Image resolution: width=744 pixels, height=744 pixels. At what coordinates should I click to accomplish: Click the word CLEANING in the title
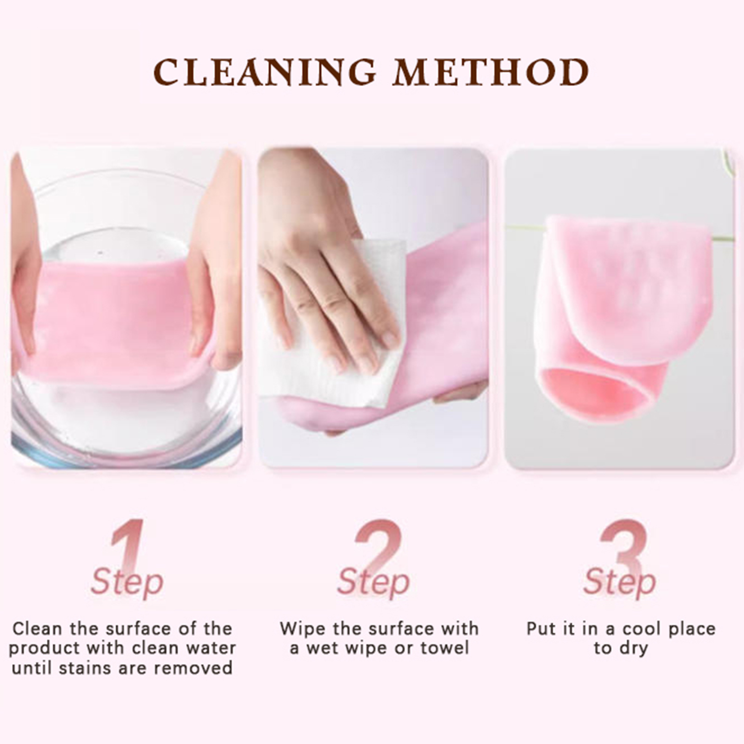[265, 72]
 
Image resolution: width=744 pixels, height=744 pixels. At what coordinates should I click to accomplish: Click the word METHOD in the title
[491, 72]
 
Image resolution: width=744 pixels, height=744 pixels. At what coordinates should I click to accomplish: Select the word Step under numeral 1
[127, 582]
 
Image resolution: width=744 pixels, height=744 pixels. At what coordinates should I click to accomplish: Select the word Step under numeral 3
[619, 582]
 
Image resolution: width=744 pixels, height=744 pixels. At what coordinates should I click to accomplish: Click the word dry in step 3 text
[633, 649]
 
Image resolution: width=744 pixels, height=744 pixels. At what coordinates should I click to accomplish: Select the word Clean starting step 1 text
[37, 628]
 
